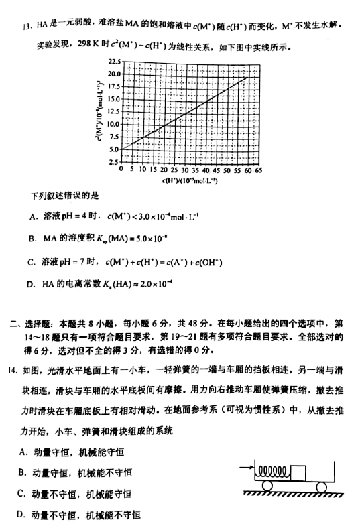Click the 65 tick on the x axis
pos(258,171)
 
